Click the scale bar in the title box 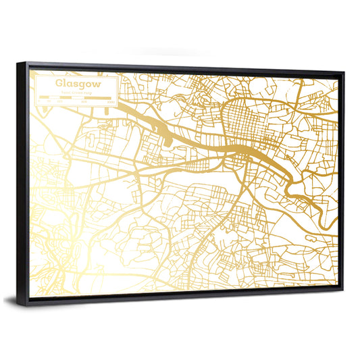coord(76,99)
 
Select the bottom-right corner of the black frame coord(341,289)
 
